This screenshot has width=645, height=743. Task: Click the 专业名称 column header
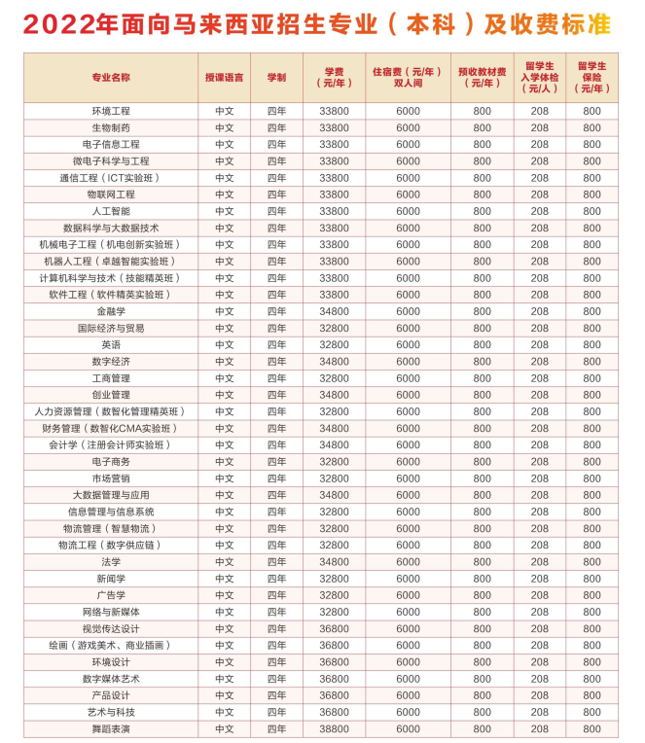point(111,77)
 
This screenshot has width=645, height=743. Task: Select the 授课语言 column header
point(225,77)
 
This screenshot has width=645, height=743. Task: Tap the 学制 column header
point(276,77)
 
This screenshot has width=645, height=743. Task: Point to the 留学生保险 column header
point(591,77)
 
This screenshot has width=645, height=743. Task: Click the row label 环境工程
point(111,111)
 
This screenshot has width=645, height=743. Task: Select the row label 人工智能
point(111,211)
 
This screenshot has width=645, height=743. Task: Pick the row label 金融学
point(111,311)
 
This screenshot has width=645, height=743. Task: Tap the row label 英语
point(111,344)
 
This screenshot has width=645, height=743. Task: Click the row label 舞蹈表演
point(111,728)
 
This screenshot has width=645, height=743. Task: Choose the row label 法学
point(111,561)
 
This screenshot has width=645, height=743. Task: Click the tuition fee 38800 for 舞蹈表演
point(334,728)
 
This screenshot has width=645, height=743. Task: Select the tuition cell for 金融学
point(334,311)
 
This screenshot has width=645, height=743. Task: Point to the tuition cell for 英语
point(334,344)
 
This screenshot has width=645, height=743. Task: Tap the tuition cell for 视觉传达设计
point(334,628)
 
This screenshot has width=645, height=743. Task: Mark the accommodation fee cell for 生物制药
point(408,127)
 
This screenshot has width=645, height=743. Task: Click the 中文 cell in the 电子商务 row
point(225,461)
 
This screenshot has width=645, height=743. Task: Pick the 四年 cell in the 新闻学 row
point(276,579)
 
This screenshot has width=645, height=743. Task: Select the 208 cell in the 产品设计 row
point(540,695)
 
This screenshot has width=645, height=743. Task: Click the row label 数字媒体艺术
point(111,679)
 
